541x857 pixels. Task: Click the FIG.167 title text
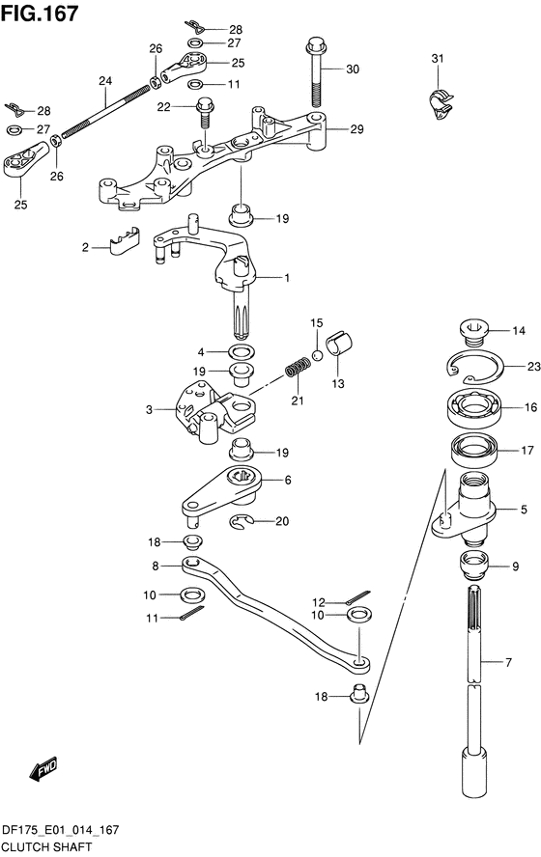click(x=40, y=14)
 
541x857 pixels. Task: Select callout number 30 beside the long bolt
click(x=353, y=69)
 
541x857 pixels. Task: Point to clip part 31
click(x=441, y=104)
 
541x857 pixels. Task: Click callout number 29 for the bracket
click(x=356, y=129)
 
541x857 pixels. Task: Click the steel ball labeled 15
click(x=317, y=356)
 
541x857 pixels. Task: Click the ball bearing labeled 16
click(x=474, y=408)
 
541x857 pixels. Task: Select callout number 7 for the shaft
click(x=509, y=662)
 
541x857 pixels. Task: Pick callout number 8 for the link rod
click(x=156, y=567)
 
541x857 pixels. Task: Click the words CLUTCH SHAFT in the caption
click(x=47, y=847)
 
